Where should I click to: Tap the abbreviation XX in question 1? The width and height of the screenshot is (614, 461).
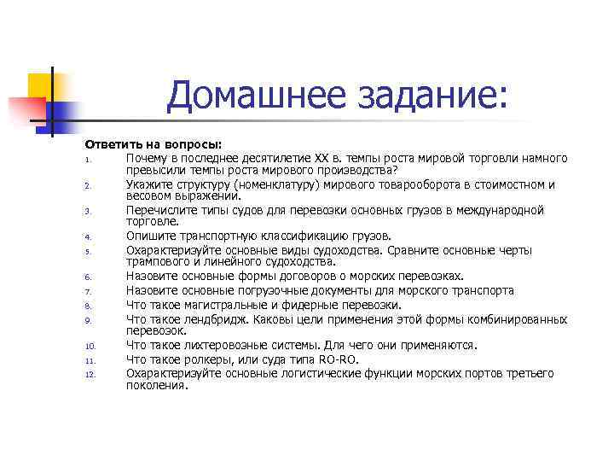321,159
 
